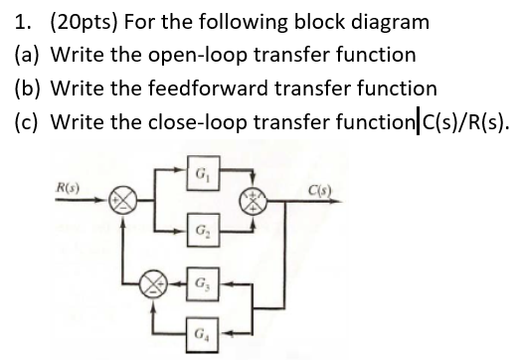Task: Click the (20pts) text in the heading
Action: [71, 19]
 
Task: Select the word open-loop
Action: [189, 53]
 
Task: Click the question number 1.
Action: [14, 19]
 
